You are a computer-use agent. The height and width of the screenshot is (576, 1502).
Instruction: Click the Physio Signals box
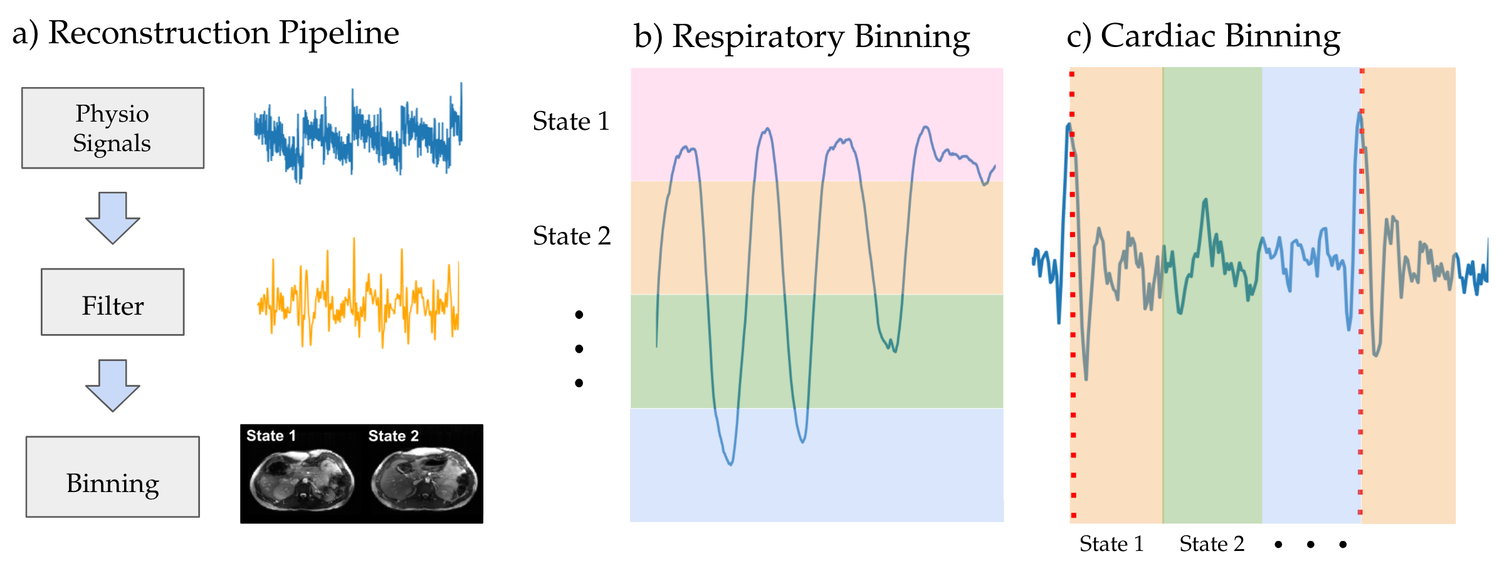coord(113,128)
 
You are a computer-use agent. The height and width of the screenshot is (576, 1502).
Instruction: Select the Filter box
coord(113,302)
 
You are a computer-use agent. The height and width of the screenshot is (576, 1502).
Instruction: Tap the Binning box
coord(113,477)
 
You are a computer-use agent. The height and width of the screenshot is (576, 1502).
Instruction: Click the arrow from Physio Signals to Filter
coord(113,217)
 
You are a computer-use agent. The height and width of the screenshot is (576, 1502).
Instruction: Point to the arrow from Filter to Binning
coord(113,385)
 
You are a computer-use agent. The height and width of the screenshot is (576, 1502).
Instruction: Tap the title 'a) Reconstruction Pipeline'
coord(206,33)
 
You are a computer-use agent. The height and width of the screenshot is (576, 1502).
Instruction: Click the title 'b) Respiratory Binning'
coord(802,36)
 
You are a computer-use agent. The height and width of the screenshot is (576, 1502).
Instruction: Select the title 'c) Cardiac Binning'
coord(1203,36)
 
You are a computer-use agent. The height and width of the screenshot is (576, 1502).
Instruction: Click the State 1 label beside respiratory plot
coord(570,121)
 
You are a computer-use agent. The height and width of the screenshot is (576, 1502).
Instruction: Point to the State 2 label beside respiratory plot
coord(571,236)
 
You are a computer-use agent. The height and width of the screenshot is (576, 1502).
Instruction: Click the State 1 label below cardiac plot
coord(1111,544)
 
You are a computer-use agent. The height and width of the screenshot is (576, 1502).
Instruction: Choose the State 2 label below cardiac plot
coord(1212,544)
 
